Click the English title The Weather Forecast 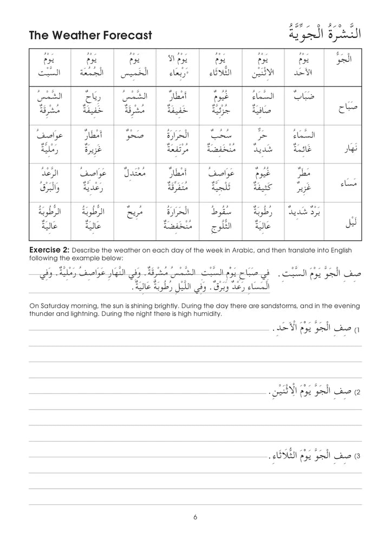(x=90, y=36)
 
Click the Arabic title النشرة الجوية (x=322, y=33)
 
